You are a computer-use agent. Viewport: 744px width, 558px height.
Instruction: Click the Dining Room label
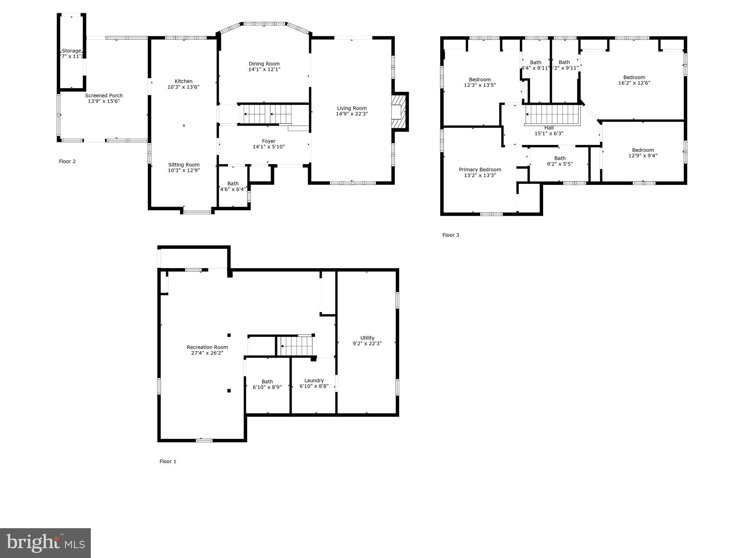pyautogui.click(x=264, y=64)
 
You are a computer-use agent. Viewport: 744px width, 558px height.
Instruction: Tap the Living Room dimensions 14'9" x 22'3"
pyautogui.click(x=352, y=114)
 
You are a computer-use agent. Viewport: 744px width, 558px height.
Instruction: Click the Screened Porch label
pyautogui.click(x=104, y=96)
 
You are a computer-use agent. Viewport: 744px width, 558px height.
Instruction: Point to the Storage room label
pyautogui.click(x=71, y=51)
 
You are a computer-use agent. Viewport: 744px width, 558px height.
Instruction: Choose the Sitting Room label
pyautogui.click(x=184, y=165)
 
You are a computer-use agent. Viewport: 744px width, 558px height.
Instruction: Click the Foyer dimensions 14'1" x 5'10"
pyautogui.click(x=268, y=147)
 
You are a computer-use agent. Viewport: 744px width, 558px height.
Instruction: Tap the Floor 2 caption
pyautogui.click(x=67, y=161)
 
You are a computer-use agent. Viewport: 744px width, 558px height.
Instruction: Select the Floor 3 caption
pyautogui.click(x=450, y=235)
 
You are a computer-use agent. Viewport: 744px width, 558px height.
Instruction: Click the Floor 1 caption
pyautogui.click(x=167, y=461)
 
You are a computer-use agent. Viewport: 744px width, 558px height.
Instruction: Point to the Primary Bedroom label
pyautogui.click(x=480, y=170)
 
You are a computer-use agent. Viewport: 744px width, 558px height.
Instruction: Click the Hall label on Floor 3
pyautogui.click(x=549, y=128)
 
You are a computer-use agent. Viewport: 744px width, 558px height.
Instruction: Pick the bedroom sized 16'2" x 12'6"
pyautogui.click(x=634, y=80)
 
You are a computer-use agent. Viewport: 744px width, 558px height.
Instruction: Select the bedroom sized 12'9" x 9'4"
pyautogui.click(x=643, y=153)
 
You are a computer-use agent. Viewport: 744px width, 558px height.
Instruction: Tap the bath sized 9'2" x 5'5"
pyautogui.click(x=559, y=161)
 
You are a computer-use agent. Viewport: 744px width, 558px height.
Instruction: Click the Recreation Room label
pyautogui.click(x=207, y=347)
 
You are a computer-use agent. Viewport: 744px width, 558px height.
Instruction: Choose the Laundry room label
pyautogui.click(x=314, y=381)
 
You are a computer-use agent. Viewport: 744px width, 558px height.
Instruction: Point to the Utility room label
pyautogui.click(x=367, y=338)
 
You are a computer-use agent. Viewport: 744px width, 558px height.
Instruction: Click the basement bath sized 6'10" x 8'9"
pyautogui.click(x=267, y=384)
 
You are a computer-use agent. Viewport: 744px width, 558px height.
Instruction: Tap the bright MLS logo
pyautogui.click(x=45, y=543)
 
